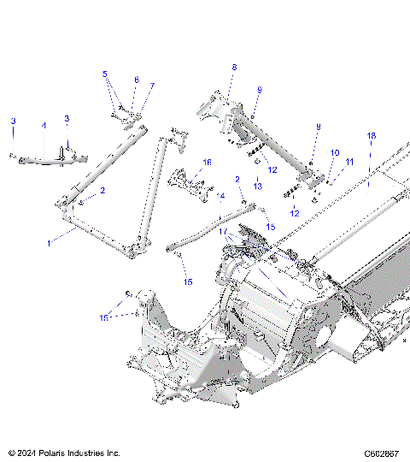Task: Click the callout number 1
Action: pos(49,243)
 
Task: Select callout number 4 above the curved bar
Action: pos(44,126)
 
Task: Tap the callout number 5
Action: pos(105,74)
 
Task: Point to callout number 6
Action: pos(135,80)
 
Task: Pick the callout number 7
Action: pos(153,86)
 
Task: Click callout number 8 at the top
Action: pos(233,67)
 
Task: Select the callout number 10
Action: pos(335,153)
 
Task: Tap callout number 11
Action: pos(348,162)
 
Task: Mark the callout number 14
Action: pos(221,196)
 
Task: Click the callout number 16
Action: pos(207,162)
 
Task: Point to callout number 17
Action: pos(222,231)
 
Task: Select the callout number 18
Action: pos(371,136)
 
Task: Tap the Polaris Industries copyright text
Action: pos(64,453)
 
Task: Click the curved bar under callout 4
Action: pos(43,158)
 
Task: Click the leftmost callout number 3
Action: pos(13,122)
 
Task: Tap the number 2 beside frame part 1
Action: pos(102,191)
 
